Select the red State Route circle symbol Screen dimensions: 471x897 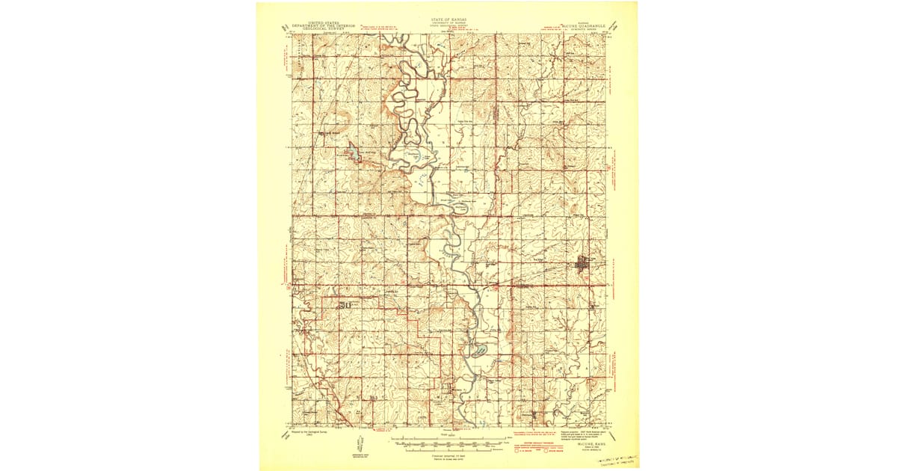pos(546,450)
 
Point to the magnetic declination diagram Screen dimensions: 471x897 pos(360,446)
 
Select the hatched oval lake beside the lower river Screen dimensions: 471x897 pos(478,350)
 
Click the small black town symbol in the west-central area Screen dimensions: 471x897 pos(345,305)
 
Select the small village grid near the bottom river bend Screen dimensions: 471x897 pos(449,387)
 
